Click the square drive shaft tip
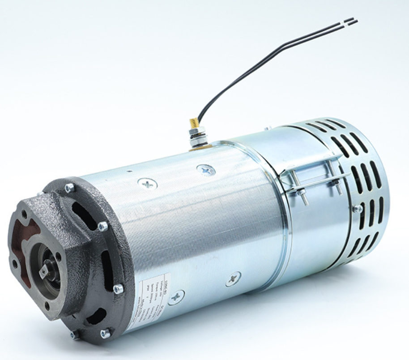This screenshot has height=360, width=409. (44, 272)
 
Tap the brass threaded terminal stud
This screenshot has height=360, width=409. (194, 123)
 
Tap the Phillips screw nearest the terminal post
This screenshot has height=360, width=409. (206, 170)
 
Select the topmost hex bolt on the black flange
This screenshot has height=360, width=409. (69, 188)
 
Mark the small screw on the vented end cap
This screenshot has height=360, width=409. (357, 209)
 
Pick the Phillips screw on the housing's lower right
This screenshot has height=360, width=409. (233, 279)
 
